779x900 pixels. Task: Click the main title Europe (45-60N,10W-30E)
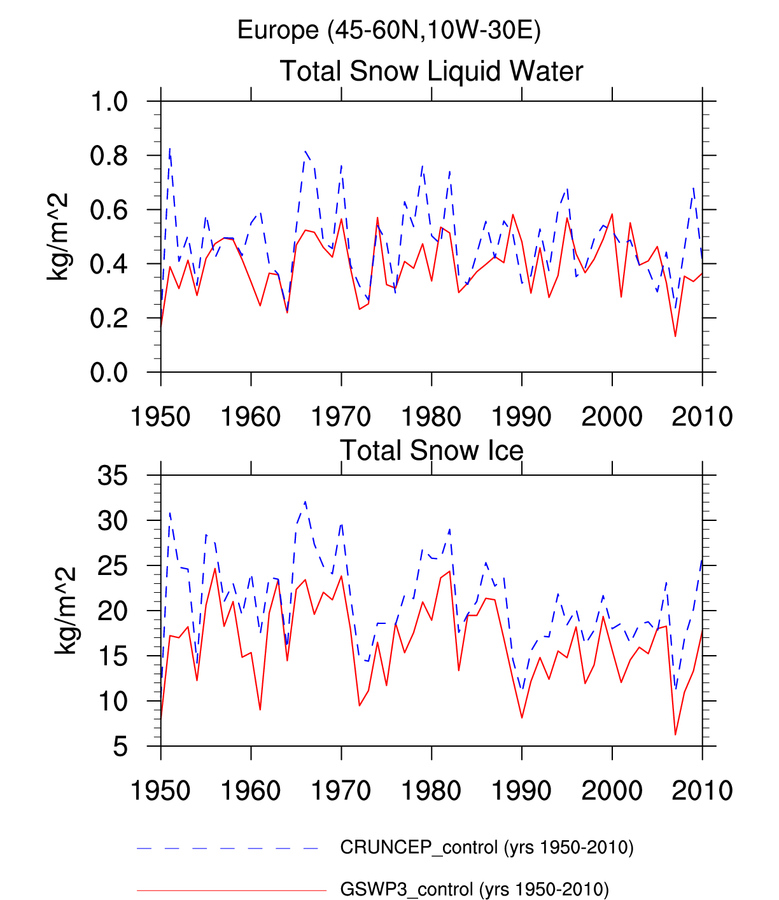pos(389,30)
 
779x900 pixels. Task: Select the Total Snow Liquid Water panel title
pos(432,71)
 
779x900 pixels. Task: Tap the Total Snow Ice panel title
pos(432,450)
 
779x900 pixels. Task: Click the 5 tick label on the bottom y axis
pos(120,747)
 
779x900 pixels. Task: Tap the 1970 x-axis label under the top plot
pos(341,417)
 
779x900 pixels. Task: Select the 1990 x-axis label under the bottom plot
pos(521,791)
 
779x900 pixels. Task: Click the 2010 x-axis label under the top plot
pos(702,417)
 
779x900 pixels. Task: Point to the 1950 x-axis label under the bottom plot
pos(160,791)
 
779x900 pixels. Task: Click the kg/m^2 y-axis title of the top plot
pos(59,237)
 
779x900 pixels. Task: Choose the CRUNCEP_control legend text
pos(487,847)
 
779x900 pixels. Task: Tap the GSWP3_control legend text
pos(474,889)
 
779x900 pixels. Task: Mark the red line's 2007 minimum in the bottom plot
pos(675,735)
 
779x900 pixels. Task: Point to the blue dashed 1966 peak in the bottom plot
pos(305,502)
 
